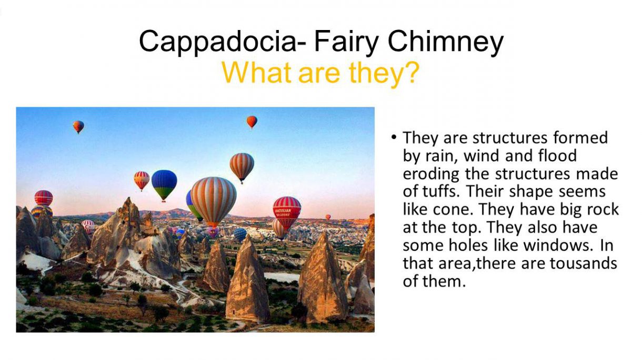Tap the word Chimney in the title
click(445, 42)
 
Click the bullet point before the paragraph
click(394, 137)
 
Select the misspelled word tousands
click(583, 263)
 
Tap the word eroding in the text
click(431, 174)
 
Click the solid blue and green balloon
click(164, 186)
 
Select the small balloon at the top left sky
click(78, 127)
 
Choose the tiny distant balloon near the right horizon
click(328, 217)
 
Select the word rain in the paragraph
click(442, 156)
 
